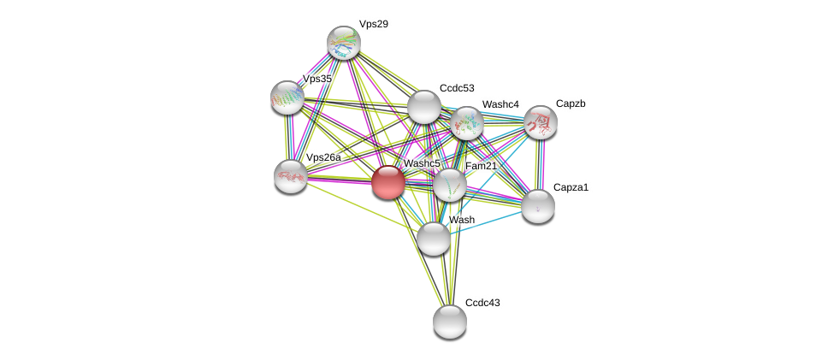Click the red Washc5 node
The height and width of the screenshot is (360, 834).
[387, 181]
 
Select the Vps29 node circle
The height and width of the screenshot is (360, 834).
[344, 43]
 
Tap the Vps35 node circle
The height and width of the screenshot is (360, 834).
[287, 97]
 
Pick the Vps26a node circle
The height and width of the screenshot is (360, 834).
[291, 175]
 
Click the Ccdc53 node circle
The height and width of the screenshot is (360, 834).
[423, 107]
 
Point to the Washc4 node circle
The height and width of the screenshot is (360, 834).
[466, 123]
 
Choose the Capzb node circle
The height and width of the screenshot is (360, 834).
[541, 122]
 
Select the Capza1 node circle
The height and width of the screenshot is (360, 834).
[538, 205]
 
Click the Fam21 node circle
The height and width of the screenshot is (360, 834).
[449, 185]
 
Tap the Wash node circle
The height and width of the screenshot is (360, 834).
[434, 238]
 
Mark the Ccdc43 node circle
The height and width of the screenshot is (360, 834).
[450, 322]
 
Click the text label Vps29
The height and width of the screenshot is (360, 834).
[373, 24]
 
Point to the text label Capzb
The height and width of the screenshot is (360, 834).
[571, 103]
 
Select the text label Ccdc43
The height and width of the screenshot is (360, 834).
[483, 302]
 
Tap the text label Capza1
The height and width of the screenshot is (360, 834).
[571, 187]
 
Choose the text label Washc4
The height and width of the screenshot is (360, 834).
[500, 104]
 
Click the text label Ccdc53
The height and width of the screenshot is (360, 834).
[457, 88]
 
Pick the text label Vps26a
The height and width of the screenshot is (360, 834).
[323, 157]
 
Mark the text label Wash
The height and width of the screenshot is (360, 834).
[462, 220]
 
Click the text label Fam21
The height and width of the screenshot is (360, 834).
[481, 166]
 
